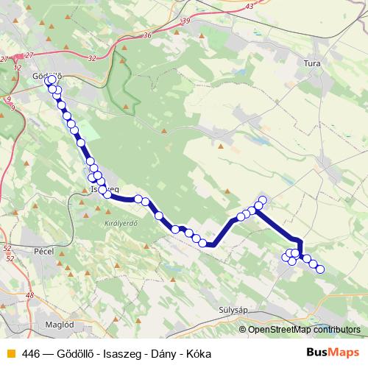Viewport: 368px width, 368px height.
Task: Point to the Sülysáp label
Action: click(237, 310)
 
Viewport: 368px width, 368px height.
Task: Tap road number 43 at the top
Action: click(250, 6)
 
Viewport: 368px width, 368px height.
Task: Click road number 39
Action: click(184, 21)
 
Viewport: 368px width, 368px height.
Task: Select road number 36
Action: click(147, 35)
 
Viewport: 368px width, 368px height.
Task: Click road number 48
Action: click(29, 295)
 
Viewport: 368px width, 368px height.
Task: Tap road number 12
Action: click(17, 67)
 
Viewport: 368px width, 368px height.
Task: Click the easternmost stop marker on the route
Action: click(320, 269)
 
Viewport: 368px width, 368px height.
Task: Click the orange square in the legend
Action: click(9, 353)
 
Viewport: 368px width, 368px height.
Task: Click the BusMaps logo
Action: click(333, 352)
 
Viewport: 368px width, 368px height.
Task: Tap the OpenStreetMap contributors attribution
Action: click(304, 330)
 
